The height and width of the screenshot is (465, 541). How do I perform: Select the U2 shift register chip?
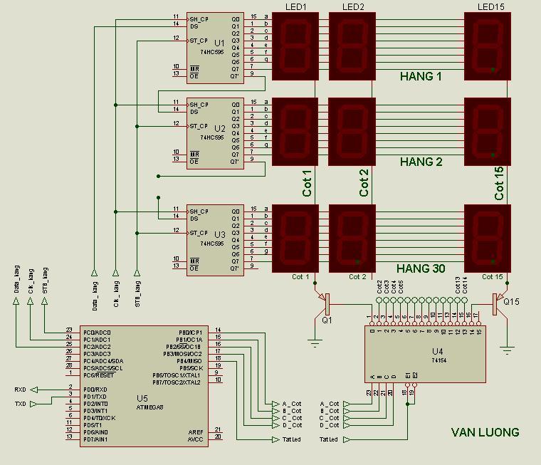(x=216, y=132)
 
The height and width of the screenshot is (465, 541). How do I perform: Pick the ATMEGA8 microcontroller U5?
(x=142, y=385)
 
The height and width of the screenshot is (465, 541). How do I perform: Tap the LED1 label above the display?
(x=295, y=7)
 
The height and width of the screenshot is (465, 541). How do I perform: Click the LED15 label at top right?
(x=490, y=7)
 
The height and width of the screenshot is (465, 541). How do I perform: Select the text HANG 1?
(x=421, y=76)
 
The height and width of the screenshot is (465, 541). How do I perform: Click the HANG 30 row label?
(x=421, y=269)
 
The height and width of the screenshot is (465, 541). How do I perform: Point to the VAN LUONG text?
(x=485, y=432)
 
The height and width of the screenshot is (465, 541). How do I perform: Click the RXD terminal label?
(x=20, y=390)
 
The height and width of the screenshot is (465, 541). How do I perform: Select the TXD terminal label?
(x=20, y=404)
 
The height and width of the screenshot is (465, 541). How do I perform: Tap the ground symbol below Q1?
(x=315, y=343)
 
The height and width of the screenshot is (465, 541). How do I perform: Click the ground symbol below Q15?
(x=506, y=349)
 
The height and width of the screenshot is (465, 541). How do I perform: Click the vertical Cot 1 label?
(x=308, y=183)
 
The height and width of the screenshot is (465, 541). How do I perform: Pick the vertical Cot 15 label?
(x=499, y=183)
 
